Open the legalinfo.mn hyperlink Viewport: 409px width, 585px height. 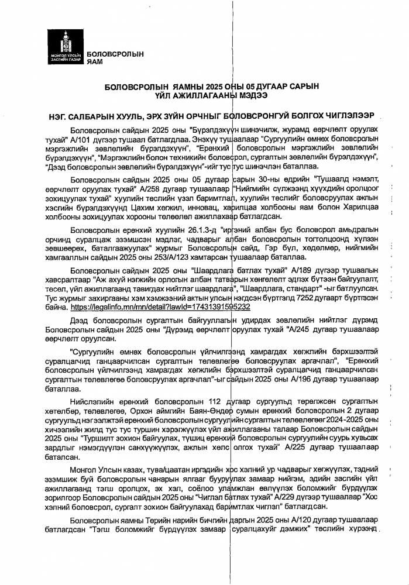coord(160,306)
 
